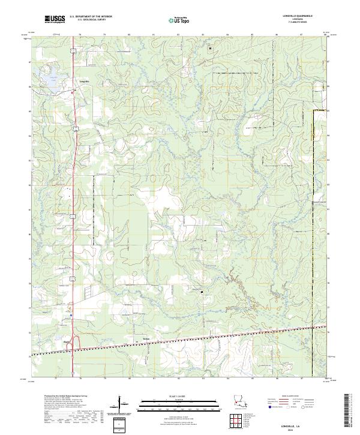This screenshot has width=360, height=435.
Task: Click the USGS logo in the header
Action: pos(55,20)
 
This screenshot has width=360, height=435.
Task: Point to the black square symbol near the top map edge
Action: pos(210,49)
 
